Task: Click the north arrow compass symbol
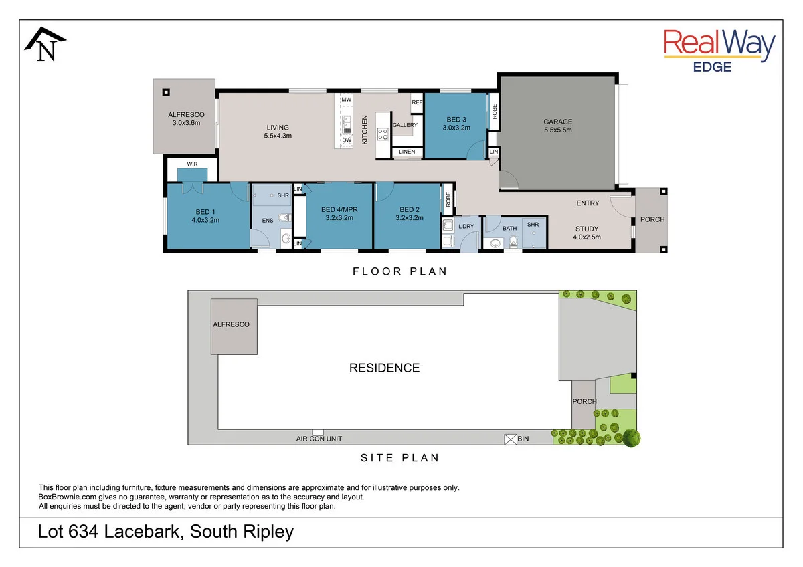coord(46,44)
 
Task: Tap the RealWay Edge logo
coord(719,50)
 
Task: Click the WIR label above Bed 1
coord(192,164)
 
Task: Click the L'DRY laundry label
coord(466,227)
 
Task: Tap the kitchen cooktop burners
coord(383,134)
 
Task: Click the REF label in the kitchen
coord(417,102)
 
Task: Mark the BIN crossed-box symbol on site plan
coord(510,439)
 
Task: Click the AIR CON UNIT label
coord(319,439)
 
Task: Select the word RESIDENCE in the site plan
coord(384,368)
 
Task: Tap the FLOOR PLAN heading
coord(400,271)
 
